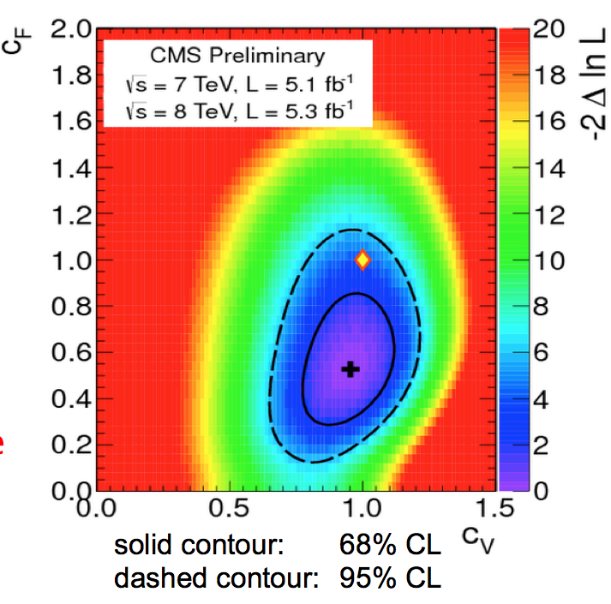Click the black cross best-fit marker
click(350, 369)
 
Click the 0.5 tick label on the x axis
click(227, 510)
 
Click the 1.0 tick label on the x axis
click(361, 510)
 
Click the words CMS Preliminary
click(237, 57)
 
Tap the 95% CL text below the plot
click(389, 578)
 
